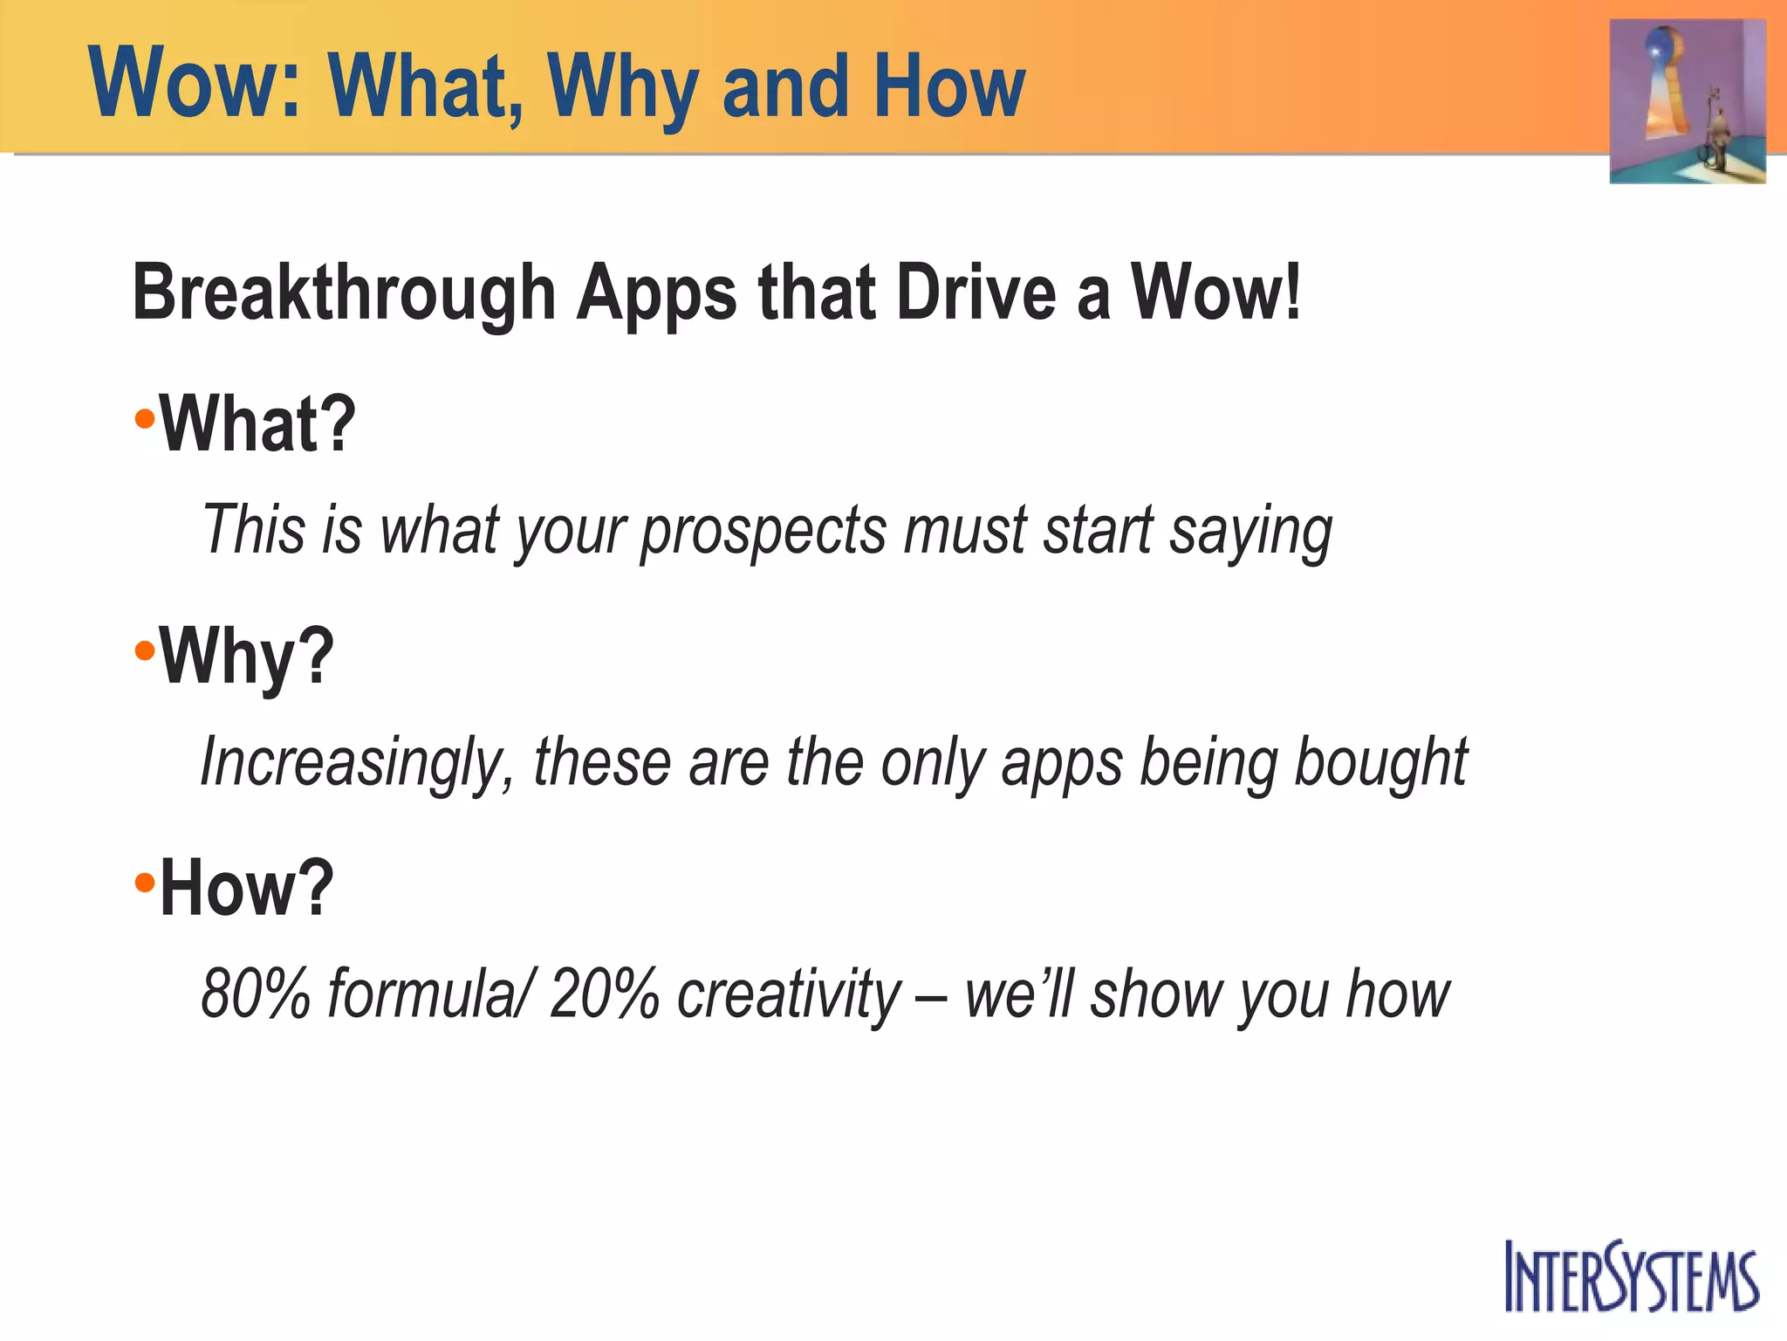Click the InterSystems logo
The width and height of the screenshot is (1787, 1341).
coord(1631,1276)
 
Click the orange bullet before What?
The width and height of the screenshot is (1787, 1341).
coord(145,419)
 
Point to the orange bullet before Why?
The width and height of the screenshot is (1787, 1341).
coord(145,651)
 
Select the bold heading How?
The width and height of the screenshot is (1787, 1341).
coord(247,888)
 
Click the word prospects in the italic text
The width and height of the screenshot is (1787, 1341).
coord(763,532)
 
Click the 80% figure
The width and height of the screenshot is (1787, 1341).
coord(256,994)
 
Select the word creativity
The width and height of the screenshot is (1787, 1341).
coord(789,994)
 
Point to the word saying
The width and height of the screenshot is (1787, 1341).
coord(1250,532)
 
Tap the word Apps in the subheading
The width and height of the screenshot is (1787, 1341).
coord(656,295)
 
